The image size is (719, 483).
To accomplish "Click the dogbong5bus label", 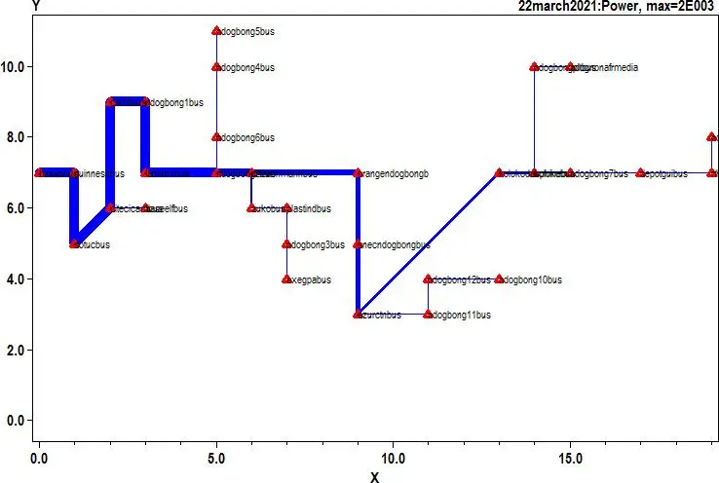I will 248,32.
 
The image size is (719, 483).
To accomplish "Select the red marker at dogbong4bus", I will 216,67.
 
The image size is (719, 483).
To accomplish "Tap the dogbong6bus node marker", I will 216,137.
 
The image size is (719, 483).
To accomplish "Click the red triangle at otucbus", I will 74,243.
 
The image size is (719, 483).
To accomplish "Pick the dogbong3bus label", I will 319,244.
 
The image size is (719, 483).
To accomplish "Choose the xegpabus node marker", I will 286,279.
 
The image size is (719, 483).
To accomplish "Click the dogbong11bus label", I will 462,315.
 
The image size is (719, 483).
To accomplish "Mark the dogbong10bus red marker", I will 499,279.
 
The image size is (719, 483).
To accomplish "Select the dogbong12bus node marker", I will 428,279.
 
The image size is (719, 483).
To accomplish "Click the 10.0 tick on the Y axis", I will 16,67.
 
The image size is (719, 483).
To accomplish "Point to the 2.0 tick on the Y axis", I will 16,350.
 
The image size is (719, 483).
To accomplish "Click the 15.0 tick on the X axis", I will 570,456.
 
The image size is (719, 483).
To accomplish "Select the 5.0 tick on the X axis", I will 216,456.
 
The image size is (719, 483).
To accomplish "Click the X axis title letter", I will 374,476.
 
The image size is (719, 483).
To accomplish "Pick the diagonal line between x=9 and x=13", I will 429,243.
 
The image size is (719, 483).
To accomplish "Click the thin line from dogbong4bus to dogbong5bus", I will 216,50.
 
